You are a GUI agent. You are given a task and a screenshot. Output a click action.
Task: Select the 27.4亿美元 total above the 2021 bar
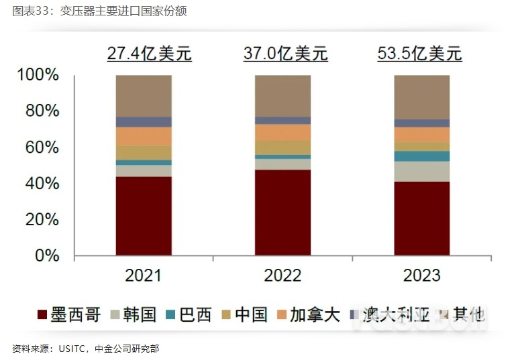[x=149, y=54]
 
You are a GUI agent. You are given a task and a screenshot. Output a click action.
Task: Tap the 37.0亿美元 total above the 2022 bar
[x=285, y=54]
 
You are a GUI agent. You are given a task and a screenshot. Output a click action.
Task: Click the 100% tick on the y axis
[x=39, y=75]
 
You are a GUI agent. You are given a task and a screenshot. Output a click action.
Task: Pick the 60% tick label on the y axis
[x=43, y=147]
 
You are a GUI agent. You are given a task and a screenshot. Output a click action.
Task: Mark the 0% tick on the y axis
[x=48, y=255]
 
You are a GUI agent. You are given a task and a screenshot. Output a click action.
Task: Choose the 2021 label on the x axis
[x=144, y=275]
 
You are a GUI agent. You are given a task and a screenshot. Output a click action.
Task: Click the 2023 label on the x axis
[x=421, y=275]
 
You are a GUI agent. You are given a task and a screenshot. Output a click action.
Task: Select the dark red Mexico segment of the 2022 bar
[x=282, y=213]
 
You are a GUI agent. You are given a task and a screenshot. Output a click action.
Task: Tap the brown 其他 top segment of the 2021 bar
[x=144, y=96]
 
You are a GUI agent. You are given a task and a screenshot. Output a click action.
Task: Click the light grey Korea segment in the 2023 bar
[x=421, y=172]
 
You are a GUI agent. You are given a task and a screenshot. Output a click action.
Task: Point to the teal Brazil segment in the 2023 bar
[x=421, y=156]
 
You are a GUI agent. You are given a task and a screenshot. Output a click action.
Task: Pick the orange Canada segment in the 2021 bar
[x=144, y=136]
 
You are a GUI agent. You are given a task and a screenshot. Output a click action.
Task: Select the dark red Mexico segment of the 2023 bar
[x=421, y=219]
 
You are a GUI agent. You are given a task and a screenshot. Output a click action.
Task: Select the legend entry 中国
[x=244, y=314]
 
